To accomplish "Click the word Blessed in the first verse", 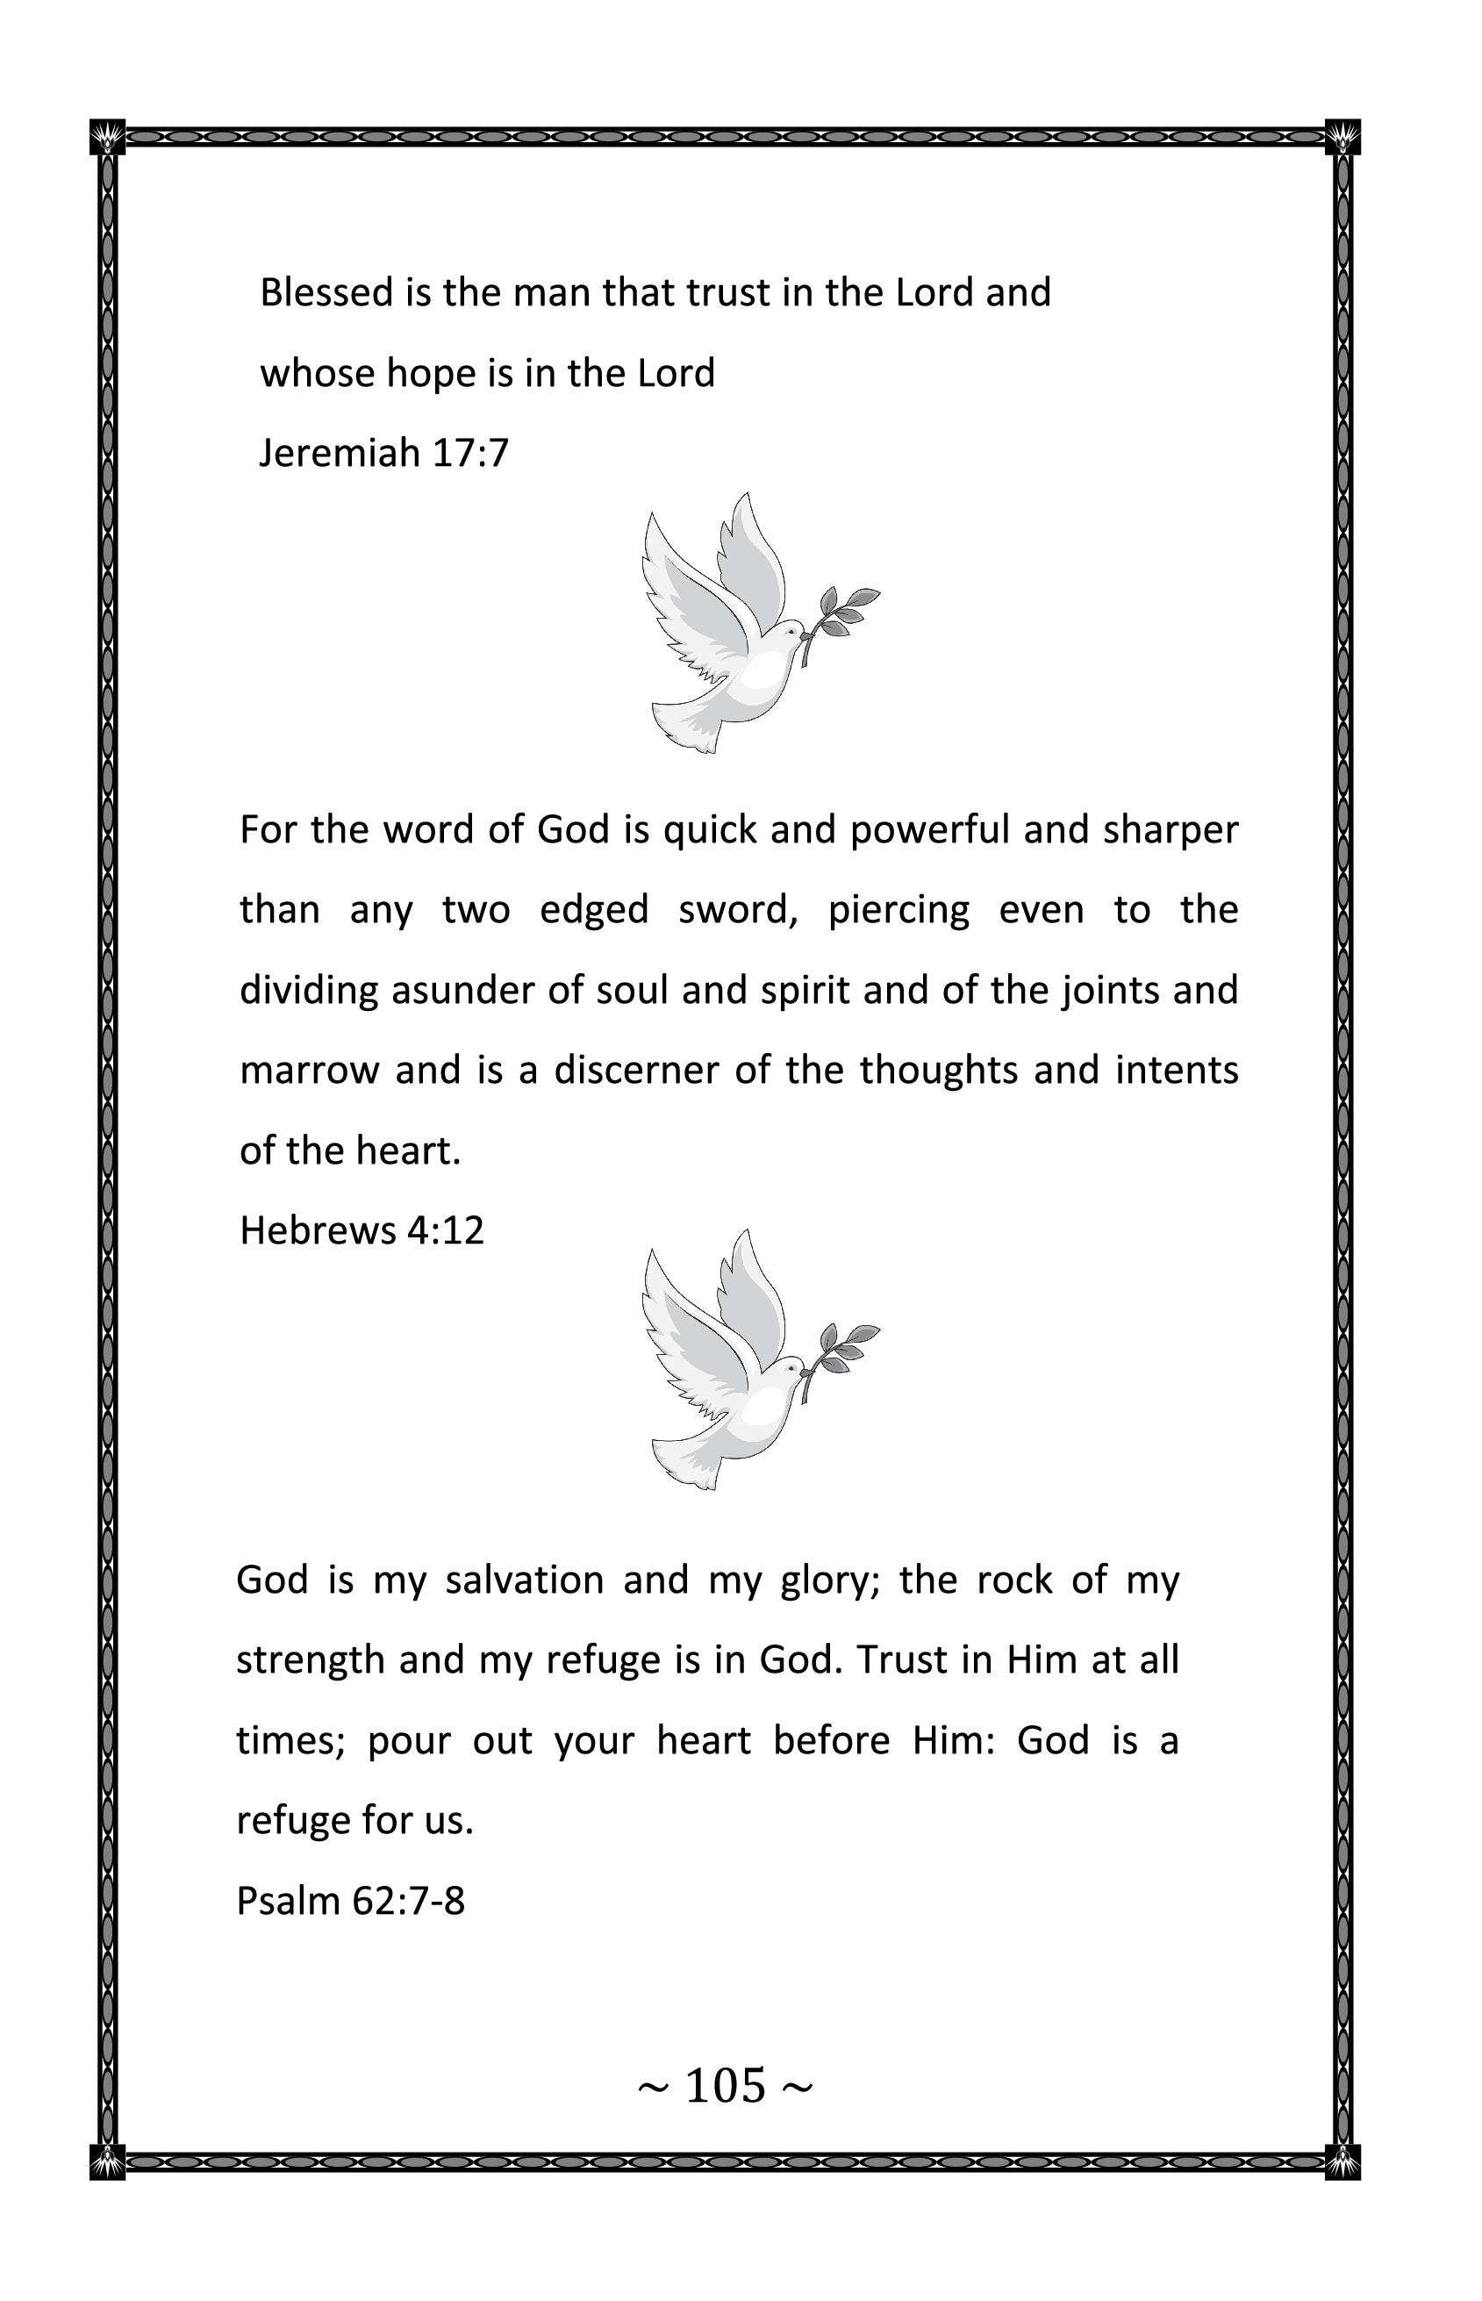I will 326,292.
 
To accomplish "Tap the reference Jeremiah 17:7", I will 384,452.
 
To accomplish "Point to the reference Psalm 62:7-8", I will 350,1901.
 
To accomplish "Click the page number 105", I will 726,2085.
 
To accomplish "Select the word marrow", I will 309,1070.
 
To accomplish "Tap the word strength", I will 311,1661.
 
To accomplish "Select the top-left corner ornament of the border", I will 108,138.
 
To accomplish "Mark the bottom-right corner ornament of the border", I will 1342,2161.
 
